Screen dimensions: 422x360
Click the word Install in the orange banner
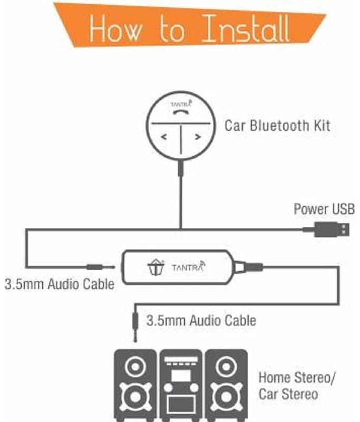click(x=246, y=30)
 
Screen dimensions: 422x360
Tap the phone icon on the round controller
click(x=180, y=112)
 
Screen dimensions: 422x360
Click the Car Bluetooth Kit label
click(x=277, y=126)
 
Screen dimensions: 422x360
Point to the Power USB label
click(x=324, y=209)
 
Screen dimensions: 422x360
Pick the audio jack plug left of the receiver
click(x=100, y=268)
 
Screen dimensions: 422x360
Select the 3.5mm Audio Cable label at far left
click(x=59, y=284)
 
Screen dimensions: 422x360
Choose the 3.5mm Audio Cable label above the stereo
click(x=201, y=320)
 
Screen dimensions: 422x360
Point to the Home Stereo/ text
click(x=297, y=378)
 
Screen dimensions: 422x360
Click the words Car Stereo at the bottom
click(x=288, y=394)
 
